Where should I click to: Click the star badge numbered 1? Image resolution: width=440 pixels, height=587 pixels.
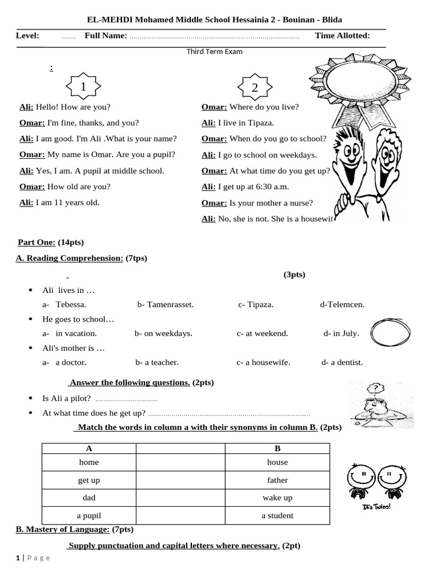83,87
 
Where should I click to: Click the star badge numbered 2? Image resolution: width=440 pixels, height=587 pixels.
254,87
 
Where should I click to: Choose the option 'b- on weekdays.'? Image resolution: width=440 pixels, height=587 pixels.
163,333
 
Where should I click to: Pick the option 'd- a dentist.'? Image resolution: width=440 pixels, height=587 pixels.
342,362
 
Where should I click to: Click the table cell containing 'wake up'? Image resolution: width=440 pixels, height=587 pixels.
277,498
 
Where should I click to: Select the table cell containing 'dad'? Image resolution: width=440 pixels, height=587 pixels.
89,498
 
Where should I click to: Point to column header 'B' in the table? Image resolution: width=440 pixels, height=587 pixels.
277,448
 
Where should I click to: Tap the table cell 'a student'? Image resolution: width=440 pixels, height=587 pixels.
277,515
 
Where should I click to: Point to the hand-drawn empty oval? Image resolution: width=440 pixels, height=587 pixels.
391,332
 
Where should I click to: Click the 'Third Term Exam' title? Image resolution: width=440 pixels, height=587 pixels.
214,52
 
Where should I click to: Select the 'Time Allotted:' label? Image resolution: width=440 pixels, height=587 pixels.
342,36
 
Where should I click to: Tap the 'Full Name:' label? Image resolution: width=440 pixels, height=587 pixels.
106,36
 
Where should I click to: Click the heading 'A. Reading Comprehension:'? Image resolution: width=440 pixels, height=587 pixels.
69,258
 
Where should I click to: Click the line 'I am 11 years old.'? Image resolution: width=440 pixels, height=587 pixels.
68,202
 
